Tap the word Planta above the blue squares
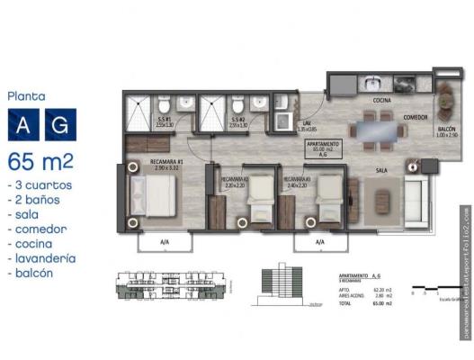[26, 94]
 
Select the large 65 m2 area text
[40, 162]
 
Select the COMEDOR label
[415, 118]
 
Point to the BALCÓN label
[447, 131]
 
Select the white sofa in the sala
[416, 193]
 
